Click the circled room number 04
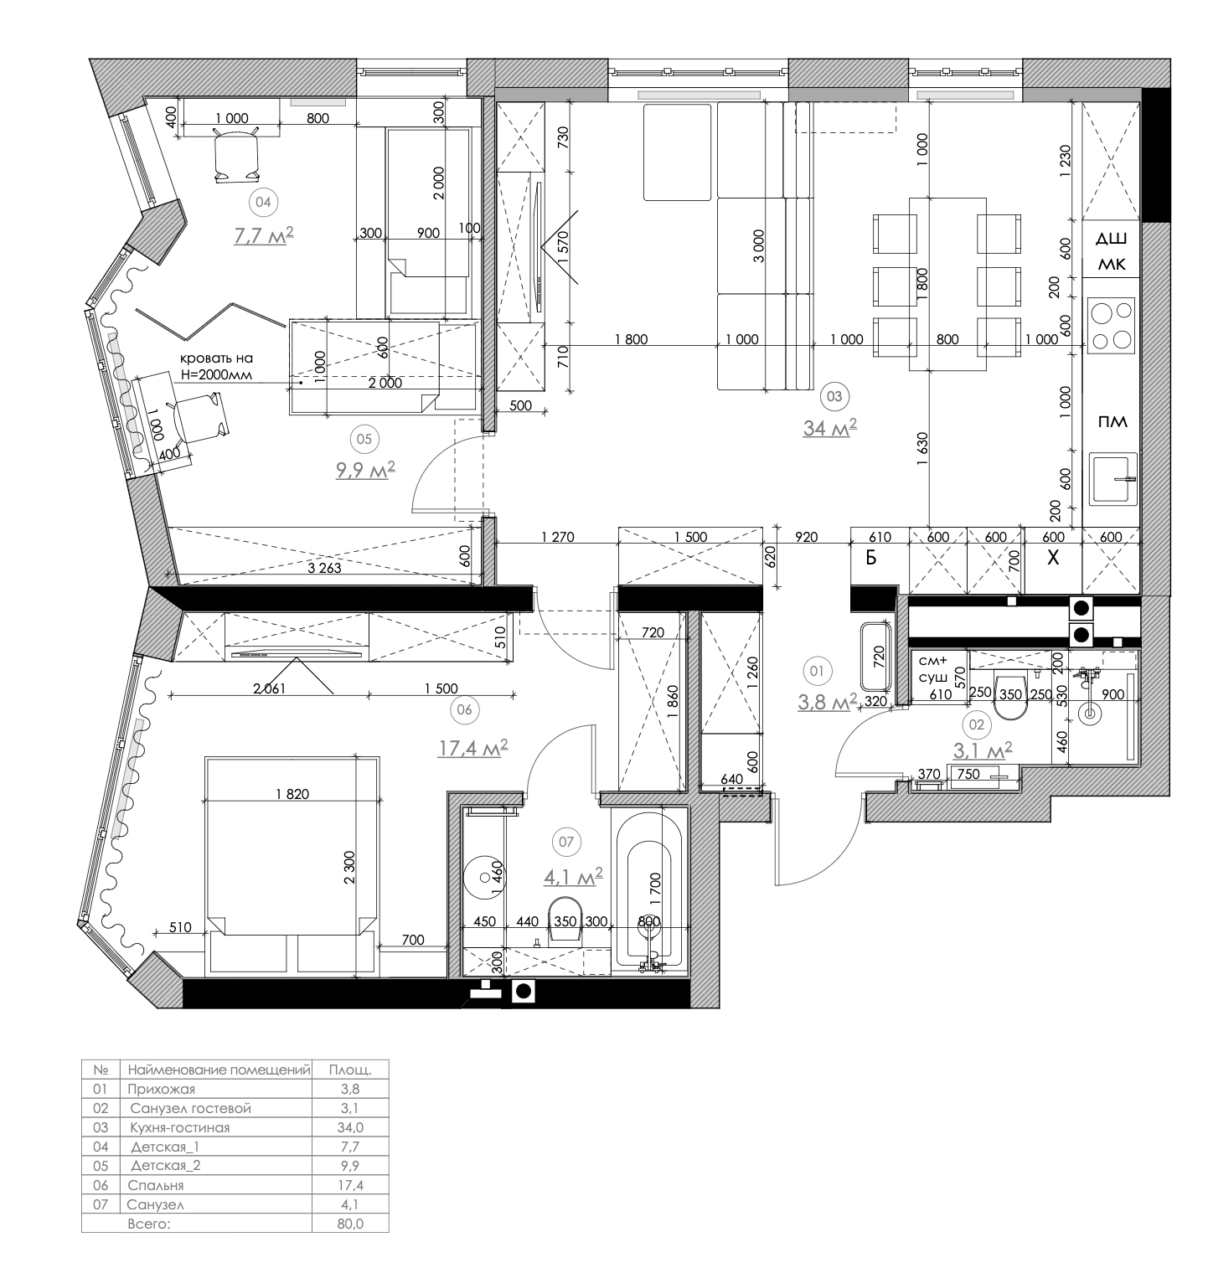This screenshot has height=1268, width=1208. [263, 202]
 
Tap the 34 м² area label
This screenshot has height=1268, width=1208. [829, 427]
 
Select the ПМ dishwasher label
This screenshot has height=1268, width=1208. [1112, 421]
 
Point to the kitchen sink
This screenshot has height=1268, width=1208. [1113, 478]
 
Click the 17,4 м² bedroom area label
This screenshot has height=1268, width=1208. [472, 748]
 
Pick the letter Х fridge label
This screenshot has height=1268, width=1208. [1053, 558]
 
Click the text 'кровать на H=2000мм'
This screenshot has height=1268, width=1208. [215, 366]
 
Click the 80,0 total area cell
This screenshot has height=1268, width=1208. [350, 1224]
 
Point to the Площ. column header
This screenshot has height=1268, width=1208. [350, 1070]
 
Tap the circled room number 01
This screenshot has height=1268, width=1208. [817, 670]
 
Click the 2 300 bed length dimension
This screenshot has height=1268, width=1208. [350, 874]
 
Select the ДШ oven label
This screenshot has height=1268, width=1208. [1112, 240]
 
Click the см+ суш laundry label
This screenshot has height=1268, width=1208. [932, 667]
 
